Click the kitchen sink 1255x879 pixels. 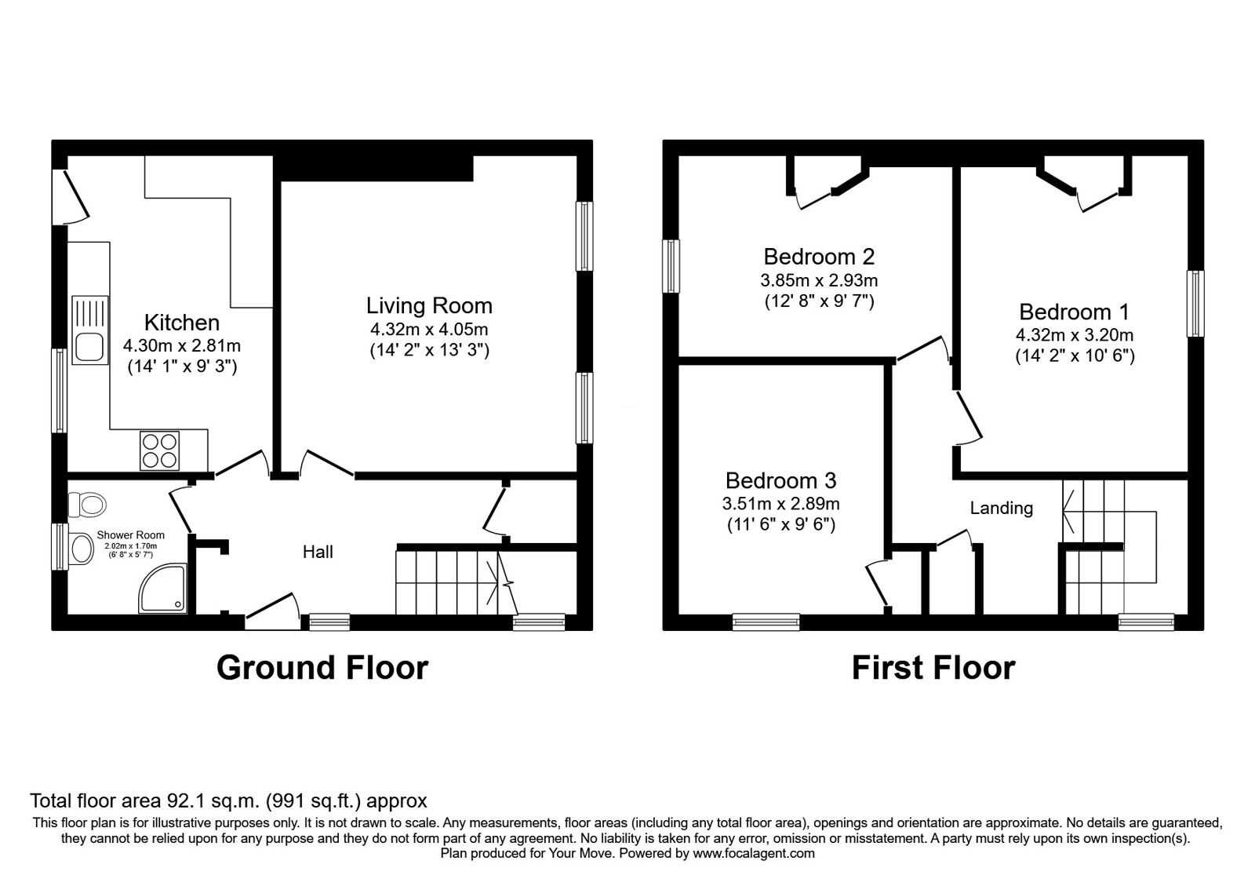pos(89,330)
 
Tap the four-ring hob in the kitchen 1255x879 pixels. pos(160,450)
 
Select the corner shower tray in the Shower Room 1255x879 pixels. pos(162,589)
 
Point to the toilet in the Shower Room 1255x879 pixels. pos(87,504)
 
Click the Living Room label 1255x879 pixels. pos(429,305)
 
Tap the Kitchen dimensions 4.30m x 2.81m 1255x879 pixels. pos(182,345)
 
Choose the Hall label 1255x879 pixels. pos(318,553)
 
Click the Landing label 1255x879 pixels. pos(1001,509)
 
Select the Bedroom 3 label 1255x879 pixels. pos(780,480)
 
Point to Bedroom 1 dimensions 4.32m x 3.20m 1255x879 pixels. pos(1075,335)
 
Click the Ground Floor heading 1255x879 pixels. pos(322,668)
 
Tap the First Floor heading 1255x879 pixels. pos(933,668)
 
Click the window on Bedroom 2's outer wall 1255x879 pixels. pos(671,266)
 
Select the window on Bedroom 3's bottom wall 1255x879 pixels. pos(766,622)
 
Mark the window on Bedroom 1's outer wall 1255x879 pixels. pos(1195,303)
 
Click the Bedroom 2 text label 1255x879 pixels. pos(819,257)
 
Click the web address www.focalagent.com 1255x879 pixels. pos(754,854)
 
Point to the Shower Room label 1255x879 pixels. pos(130,535)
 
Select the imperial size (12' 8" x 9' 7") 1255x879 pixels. pos(819,301)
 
